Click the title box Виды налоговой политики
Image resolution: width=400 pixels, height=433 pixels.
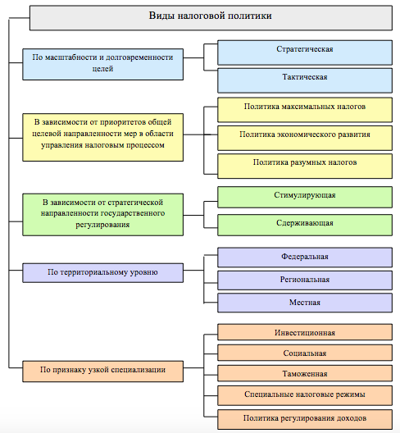[x=211, y=18]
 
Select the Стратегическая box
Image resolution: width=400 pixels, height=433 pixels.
[x=305, y=52]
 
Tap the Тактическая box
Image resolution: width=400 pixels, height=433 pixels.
[x=305, y=80]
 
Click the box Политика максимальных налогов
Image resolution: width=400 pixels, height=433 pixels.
[x=305, y=110]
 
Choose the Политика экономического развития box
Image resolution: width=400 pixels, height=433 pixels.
[x=305, y=138]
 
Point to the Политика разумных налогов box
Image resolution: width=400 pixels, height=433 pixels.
[x=305, y=166]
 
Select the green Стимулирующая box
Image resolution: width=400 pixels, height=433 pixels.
[x=305, y=197]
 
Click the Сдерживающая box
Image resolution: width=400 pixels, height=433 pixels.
[x=305, y=225]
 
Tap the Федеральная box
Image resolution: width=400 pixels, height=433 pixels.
[x=305, y=258]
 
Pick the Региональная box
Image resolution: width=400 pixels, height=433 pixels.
[x=305, y=280]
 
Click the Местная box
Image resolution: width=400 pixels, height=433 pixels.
[x=305, y=303]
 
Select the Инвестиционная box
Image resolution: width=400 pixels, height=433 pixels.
[x=305, y=332]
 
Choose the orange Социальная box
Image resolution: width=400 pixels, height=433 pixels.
[x=305, y=353]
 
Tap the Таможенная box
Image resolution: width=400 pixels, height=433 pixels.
[x=305, y=373]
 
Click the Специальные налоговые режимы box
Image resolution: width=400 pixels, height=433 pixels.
[x=305, y=395]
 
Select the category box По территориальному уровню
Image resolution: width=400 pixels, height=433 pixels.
[x=102, y=273]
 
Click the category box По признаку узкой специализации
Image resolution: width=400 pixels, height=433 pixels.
[x=102, y=371]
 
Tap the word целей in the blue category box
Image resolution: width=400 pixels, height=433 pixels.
[x=102, y=69]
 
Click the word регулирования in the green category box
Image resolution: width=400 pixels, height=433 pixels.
[x=102, y=225]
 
